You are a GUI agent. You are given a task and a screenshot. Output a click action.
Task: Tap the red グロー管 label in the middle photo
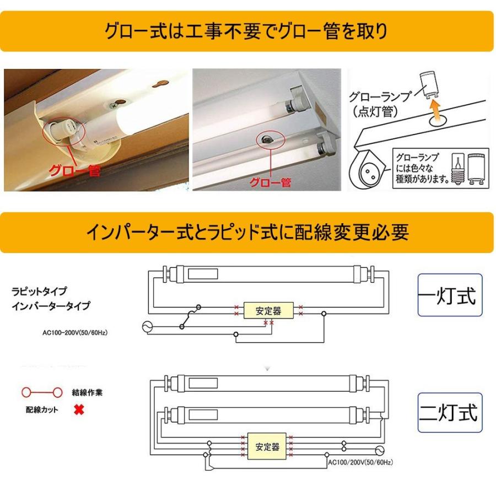[270, 182]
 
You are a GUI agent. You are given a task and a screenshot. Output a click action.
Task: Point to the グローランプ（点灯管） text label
[380, 104]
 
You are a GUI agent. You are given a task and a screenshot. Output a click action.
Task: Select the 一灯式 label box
[449, 295]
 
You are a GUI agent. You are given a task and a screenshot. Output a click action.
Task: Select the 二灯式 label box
[449, 412]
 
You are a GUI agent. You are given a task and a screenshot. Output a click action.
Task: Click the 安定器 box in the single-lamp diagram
[268, 311]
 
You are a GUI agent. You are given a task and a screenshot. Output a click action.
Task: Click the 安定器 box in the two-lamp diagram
[267, 445]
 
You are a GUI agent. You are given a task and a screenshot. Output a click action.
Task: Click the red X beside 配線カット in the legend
[79, 411]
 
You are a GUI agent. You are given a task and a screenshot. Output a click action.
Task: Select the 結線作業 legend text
[87, 393]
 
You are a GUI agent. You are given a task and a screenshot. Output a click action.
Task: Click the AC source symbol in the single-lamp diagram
[147, 326]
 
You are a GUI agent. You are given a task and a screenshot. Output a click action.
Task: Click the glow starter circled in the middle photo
[267, 139]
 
